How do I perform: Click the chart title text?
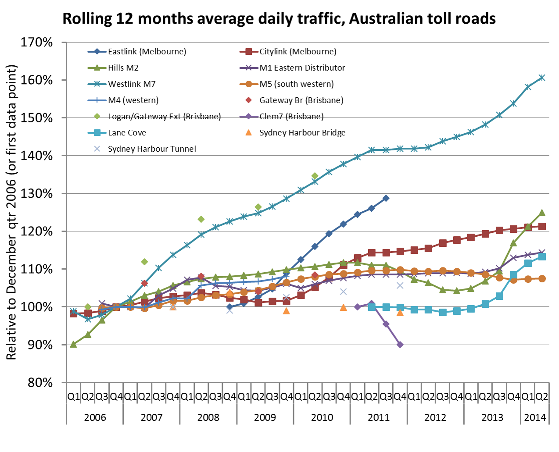click(x=279, y=19)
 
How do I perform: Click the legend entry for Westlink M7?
click(x=132, y=84)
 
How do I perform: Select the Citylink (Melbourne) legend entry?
click(x=297, y=52)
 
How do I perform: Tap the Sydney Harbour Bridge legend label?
click(x=302, y=133)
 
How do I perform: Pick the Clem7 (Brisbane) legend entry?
click(x=291, y=117)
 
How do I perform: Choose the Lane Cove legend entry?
click(x=127, y=133)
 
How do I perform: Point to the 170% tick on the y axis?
click(x=37, y=43)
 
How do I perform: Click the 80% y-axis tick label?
click(x=40, y=383)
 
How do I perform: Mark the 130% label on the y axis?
click(x=37, y=194)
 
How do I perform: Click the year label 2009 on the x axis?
click(x=265, y=417)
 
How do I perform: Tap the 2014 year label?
click(x=535, y=417)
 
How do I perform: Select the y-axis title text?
click(x=11, y=213)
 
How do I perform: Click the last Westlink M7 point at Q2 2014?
click(x=542, y=78)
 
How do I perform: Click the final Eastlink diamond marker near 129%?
click(x=386, y=198)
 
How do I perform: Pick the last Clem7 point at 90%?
click(x=400, y=345)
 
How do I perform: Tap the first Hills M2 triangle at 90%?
click(x=73, y=345)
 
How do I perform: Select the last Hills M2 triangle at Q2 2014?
click(x=542, y=213)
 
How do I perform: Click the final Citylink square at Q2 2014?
click(x=542, y=226)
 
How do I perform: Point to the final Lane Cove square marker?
click(x=542, y=256)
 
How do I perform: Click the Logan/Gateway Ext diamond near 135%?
click(x=315, y=176)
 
